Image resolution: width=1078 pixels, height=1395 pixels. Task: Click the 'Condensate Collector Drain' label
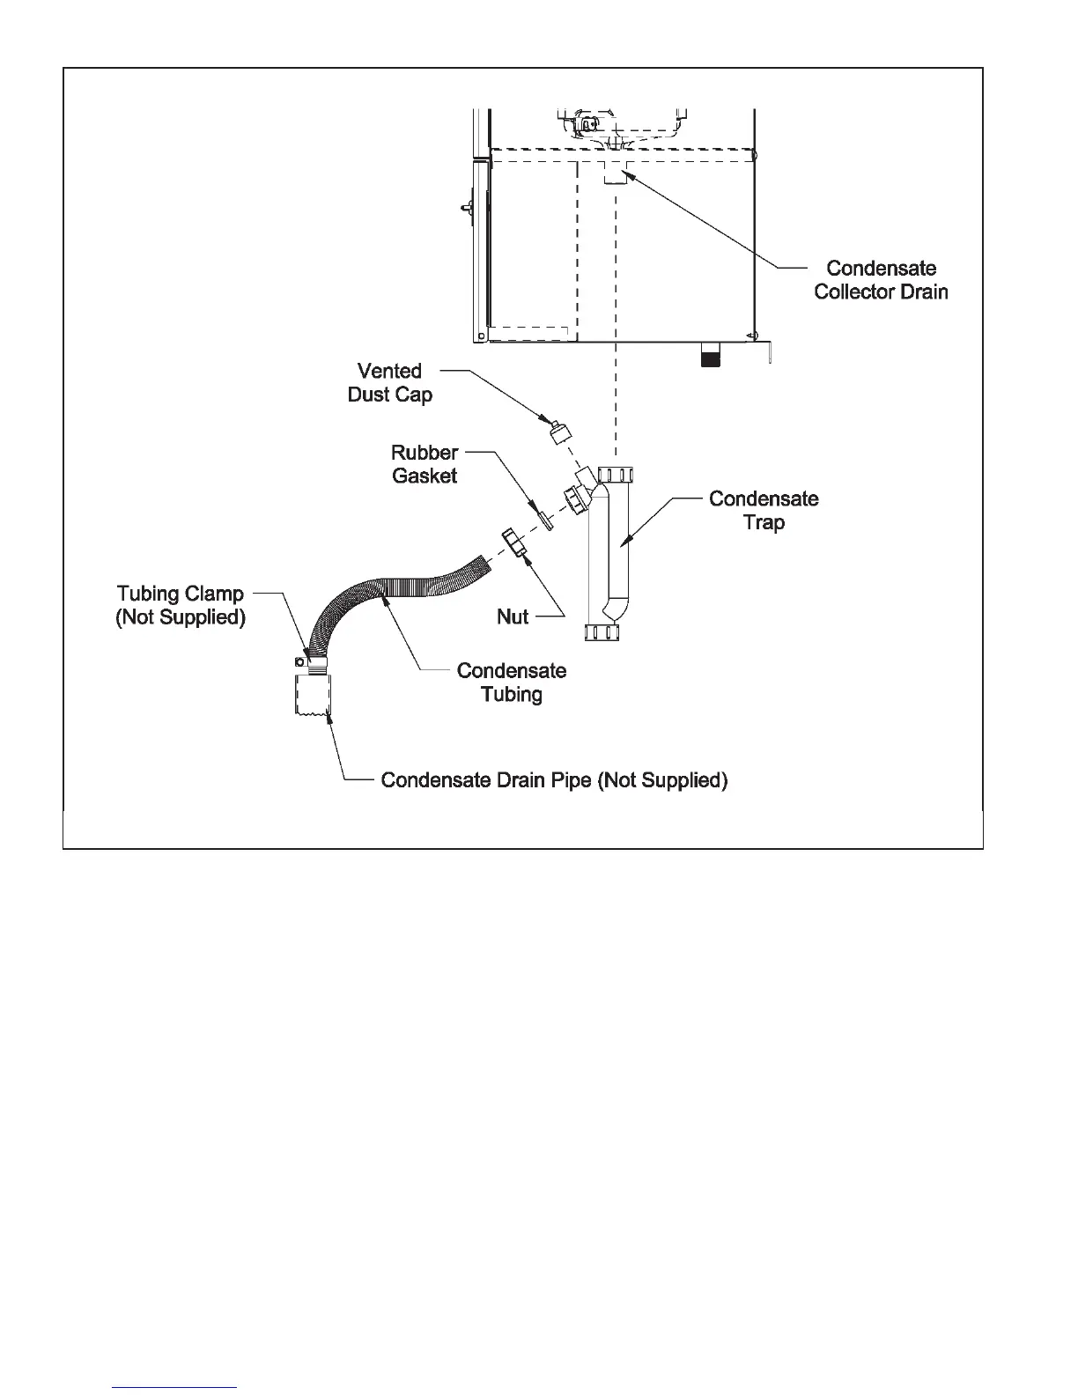(x=881, y=280)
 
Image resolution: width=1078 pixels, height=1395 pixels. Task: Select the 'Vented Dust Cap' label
(x=389, y=382)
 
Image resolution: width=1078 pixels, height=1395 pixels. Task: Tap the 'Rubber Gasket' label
(x=425, y=464)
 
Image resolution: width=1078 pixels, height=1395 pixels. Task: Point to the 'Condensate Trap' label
(x=764, y=510)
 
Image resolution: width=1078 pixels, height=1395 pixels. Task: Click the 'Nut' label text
(x=513, y=616)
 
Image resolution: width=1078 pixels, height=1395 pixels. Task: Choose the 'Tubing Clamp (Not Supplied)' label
(x=181, y=605)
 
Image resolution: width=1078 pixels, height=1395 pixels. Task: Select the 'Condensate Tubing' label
(x=512, y=683)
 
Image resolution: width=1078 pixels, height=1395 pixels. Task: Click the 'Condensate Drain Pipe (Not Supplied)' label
(x=554, y=780)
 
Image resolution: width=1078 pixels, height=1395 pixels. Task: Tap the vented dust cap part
(x=559, y=432)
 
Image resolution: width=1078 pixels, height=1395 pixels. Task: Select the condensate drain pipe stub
(x=312, y=696)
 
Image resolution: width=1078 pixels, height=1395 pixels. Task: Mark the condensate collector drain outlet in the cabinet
(x=615, y=175)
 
